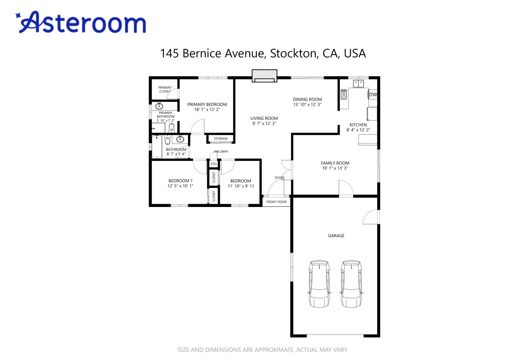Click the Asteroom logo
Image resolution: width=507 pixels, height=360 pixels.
(81, 22)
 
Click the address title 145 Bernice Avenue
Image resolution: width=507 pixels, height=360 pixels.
(263, 54)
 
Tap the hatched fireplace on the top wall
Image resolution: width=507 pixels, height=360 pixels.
(264, 76)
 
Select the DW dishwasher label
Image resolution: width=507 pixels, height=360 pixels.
(373, 94)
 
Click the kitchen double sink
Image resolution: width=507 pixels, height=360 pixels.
(358, 83)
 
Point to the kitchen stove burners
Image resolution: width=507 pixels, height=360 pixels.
(343, 94)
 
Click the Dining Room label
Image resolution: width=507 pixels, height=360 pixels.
(307, 100)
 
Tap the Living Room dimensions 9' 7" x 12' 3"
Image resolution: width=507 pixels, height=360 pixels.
(264, 123)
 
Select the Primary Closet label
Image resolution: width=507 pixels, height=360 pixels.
(165, 90)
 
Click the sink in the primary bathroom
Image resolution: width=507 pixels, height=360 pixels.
(159, 106)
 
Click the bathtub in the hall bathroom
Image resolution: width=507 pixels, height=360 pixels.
(156, 147)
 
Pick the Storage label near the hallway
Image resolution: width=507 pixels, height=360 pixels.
(221, 138)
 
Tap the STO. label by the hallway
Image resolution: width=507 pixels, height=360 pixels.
(214, 164)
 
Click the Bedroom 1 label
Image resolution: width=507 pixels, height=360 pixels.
(180, 181)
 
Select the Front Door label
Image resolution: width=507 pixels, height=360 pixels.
(276, 202)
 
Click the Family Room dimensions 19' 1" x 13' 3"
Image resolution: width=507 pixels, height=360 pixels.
(335, 168)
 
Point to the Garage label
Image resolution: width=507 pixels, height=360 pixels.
(336, 236)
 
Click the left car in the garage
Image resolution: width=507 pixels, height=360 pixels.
(319, 283)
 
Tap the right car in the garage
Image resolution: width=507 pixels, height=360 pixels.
(351, 283)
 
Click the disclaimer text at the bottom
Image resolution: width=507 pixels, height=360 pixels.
(262, 350)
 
